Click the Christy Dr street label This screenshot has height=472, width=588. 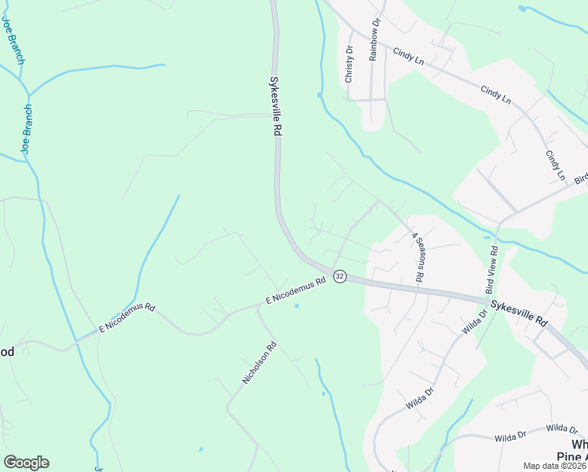pyautogui.click(x=349, y=64)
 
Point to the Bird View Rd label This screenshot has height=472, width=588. pyautogui.click(x=493, y=268)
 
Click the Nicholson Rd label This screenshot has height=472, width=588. pyautogui.click(x=260, y=362)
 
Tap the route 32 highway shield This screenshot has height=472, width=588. pyautogui.click(x=339, y=276)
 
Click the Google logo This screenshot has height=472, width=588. pyautogui.click(x=26, y=463)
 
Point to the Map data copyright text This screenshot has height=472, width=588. pyautogui.click(x=555, y=466)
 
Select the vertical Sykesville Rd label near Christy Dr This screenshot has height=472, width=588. pyautogui.click(x=275, y=106)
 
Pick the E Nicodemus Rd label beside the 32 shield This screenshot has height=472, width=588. pyautogui.click(x=296, y=293)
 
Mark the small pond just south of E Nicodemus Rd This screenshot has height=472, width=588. pyautogui.click(x=296, y=306)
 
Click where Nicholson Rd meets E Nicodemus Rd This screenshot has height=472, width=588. pyautogui.click(x=257, y=308)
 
